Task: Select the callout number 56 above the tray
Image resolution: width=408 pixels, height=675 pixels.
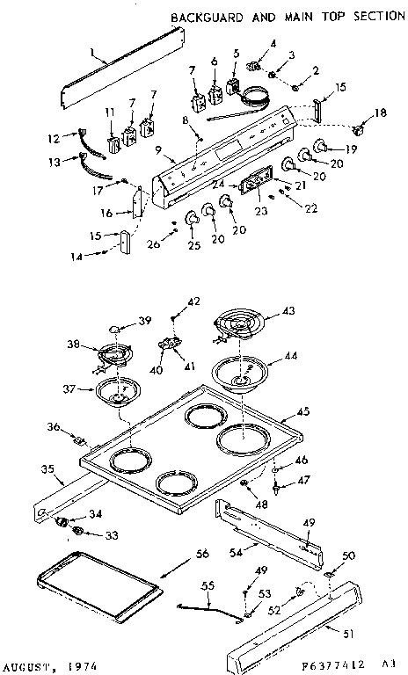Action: [201, 554]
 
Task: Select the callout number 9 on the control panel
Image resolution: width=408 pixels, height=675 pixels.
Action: [158, 151]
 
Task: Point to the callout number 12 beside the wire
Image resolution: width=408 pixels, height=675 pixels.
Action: [50, 137]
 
